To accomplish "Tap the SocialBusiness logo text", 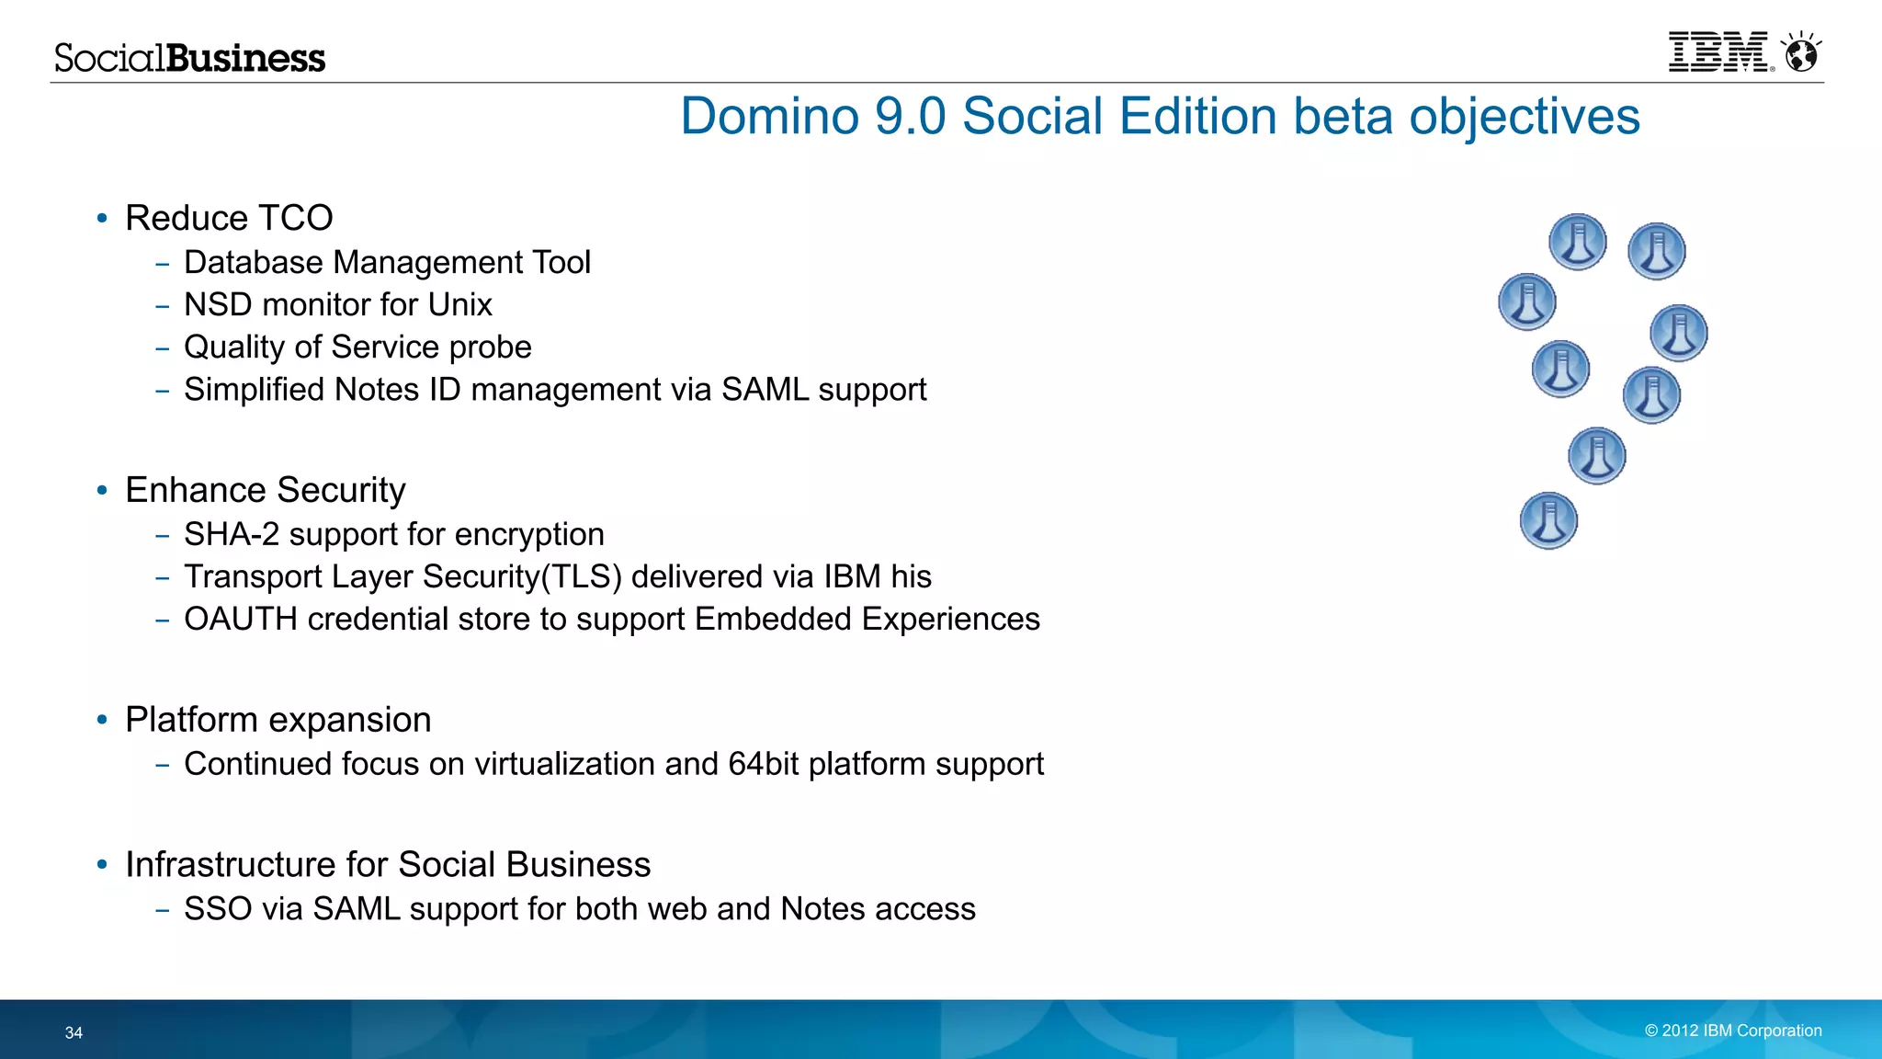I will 189,58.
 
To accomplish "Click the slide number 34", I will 74,1032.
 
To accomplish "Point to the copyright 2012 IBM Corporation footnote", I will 1732,1031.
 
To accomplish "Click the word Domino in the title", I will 769,117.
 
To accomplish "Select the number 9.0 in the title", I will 910,117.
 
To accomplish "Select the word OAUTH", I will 240,619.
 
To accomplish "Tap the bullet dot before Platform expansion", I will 102,720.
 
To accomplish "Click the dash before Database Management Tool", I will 163,264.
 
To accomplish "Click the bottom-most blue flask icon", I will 1548,520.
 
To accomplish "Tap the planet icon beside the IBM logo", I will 1801,53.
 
